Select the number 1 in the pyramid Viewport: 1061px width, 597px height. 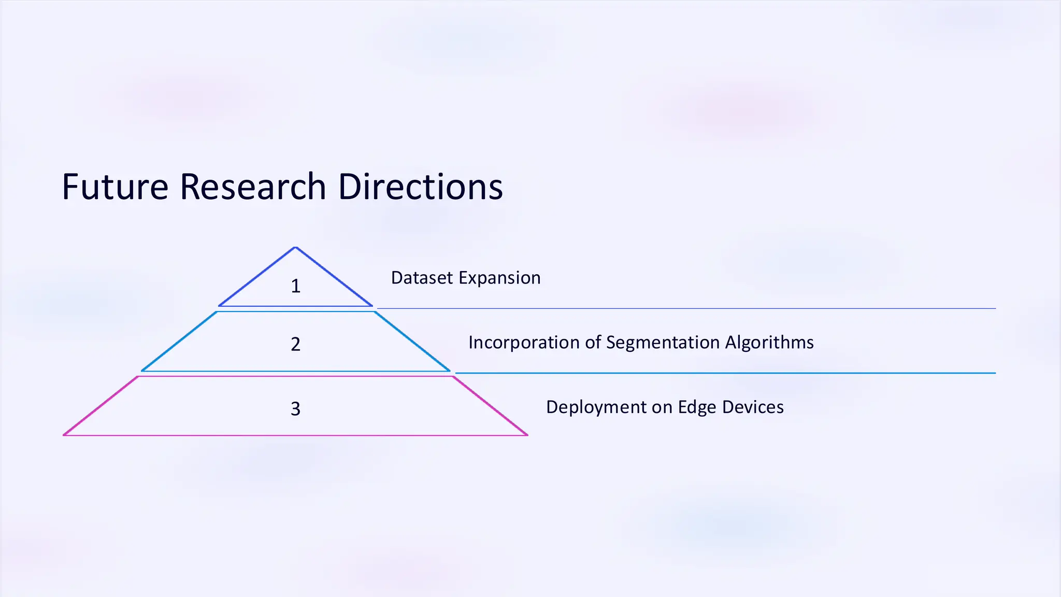pos(295,286)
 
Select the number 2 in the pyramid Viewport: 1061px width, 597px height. pos(295,344)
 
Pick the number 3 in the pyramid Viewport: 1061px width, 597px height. pos(295,409)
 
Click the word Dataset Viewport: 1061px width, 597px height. pos(422,278)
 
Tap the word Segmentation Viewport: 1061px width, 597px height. pos(663,343)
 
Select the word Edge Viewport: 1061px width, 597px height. pos(697,407)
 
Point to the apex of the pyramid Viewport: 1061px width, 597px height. pos(295,248)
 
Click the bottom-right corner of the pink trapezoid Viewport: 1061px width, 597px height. pos(527,435)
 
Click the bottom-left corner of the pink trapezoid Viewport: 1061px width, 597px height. pos(64,435)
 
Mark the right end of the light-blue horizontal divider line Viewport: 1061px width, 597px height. pos(995,373)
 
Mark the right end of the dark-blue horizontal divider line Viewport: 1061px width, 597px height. pos(995,308)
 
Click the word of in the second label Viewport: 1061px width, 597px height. pos(593,343)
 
